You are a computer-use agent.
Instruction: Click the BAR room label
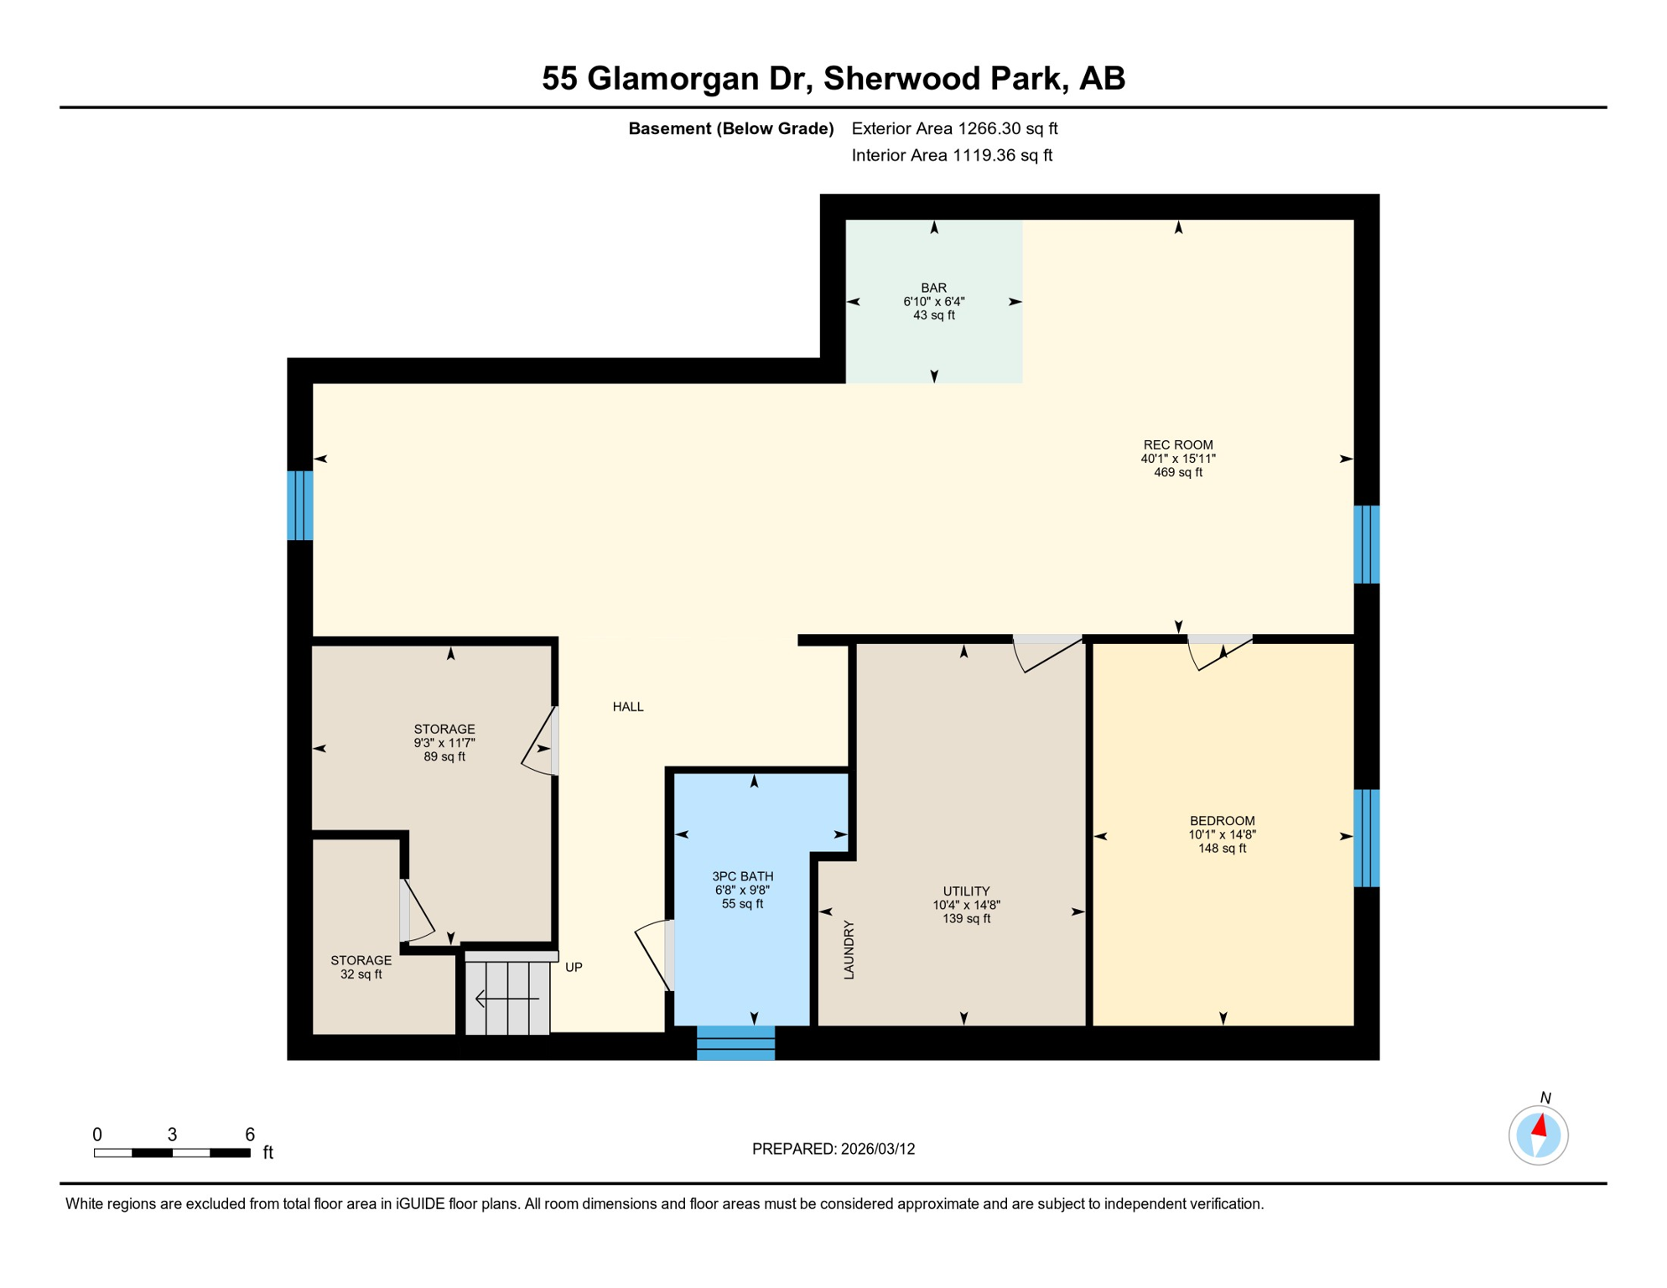pyautogui.click(x=933, y=288)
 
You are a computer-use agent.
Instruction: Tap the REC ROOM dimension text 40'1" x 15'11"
pyautogui.click(x=1177, y=459)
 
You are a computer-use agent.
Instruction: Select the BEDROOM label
pyautogui.click(x=1222, y=821)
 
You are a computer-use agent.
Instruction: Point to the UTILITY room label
pyautogui.click(x=966, y=891)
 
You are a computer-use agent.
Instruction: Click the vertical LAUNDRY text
pyautogui.click(x=849, y=949)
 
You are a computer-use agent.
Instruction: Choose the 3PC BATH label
pyautogui.click(x=742, y=876)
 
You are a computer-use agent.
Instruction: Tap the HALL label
pyautogui.click(x=628, y=707)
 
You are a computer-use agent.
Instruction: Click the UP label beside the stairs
pyautogui.click(x=574, y=967)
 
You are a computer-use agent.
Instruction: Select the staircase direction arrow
pyautogui.click(x=506, y=999)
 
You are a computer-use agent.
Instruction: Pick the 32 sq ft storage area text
pyautogui.click(x=361, y=974)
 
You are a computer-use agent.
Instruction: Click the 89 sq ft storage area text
pyautogui.click(x=444, y=756)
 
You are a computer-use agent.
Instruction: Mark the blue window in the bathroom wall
pyautogui.click(x=735, y=1043)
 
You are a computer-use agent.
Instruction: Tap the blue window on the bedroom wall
pyautogui.click(x=1366, y=838)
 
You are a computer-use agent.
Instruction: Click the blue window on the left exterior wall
pyautogui.click(x=300, y=506)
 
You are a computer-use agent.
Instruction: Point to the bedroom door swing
pyautogui.click(x=1218, y=654)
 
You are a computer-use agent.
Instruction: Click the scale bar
pyautogui.click(x=172, y=1153)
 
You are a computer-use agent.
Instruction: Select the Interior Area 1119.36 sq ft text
pyautogui.click(x=951, y=155)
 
